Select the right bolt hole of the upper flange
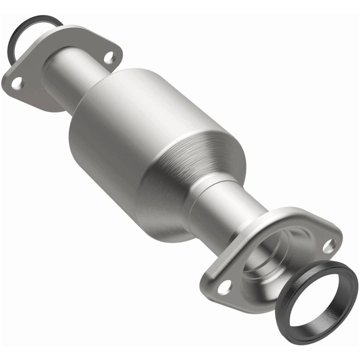(108, 57)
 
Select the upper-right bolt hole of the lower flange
(328, 245)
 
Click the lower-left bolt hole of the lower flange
(224, 286)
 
